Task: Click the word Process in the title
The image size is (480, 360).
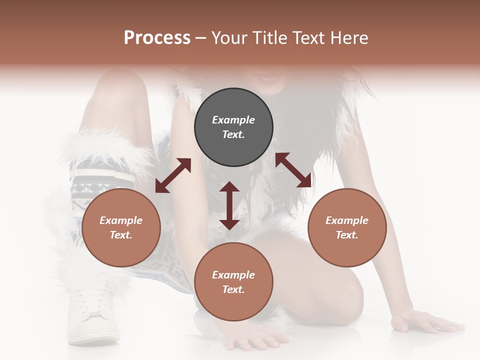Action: (x=157, y=38)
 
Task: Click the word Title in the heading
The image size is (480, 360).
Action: (x=270, y=38)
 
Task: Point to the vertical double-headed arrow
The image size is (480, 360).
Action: (x=229, y=205)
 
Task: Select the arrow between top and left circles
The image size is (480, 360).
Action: (x=173, y=175)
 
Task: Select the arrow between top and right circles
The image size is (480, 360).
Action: (x=293, y=170)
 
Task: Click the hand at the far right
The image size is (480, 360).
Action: (x=425, y=322)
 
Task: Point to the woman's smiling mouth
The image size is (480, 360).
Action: (x=268, y=78)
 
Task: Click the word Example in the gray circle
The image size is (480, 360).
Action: (x=233, y=120)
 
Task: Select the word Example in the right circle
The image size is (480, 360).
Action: (x=347, y=220)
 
